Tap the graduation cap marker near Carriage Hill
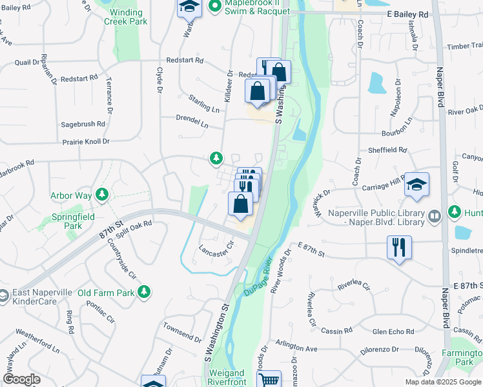click(416, 186)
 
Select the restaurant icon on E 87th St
click(399, 247)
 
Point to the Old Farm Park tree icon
click(148, 293)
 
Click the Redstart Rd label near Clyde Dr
click(184, 60)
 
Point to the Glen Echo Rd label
click(393, 332)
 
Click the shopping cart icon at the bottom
click(269, 379)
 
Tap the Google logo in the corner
click(21, 379)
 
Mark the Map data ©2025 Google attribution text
click(443, 382)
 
